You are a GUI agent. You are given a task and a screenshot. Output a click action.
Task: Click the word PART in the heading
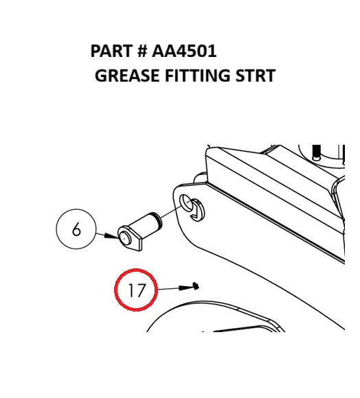click(x=111, y=51)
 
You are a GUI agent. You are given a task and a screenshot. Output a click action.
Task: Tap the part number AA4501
click(x=184, y=51)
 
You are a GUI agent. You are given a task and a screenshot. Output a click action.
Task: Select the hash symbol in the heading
click(x=142, y=51)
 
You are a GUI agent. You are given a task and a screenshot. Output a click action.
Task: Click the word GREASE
click(x=127, y=75)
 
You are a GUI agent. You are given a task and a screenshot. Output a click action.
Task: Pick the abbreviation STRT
click(x=256, y=75)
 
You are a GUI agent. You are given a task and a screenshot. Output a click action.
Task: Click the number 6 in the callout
click(x=76, y=229)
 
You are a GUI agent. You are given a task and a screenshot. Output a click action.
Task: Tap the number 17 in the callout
click(x=137, y=290)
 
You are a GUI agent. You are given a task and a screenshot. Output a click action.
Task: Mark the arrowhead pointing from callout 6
click(x=111, y=236)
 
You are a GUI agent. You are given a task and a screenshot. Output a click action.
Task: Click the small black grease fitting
click(x=196, y=286)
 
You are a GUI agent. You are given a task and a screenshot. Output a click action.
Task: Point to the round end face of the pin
click(x=124, y=238)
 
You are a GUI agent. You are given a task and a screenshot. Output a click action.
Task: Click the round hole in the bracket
click(x=186, y=203)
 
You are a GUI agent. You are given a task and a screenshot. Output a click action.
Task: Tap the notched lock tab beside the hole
click(x=197, y=210)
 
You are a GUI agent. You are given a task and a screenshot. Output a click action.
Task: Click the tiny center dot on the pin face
click(x=124, y=238)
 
